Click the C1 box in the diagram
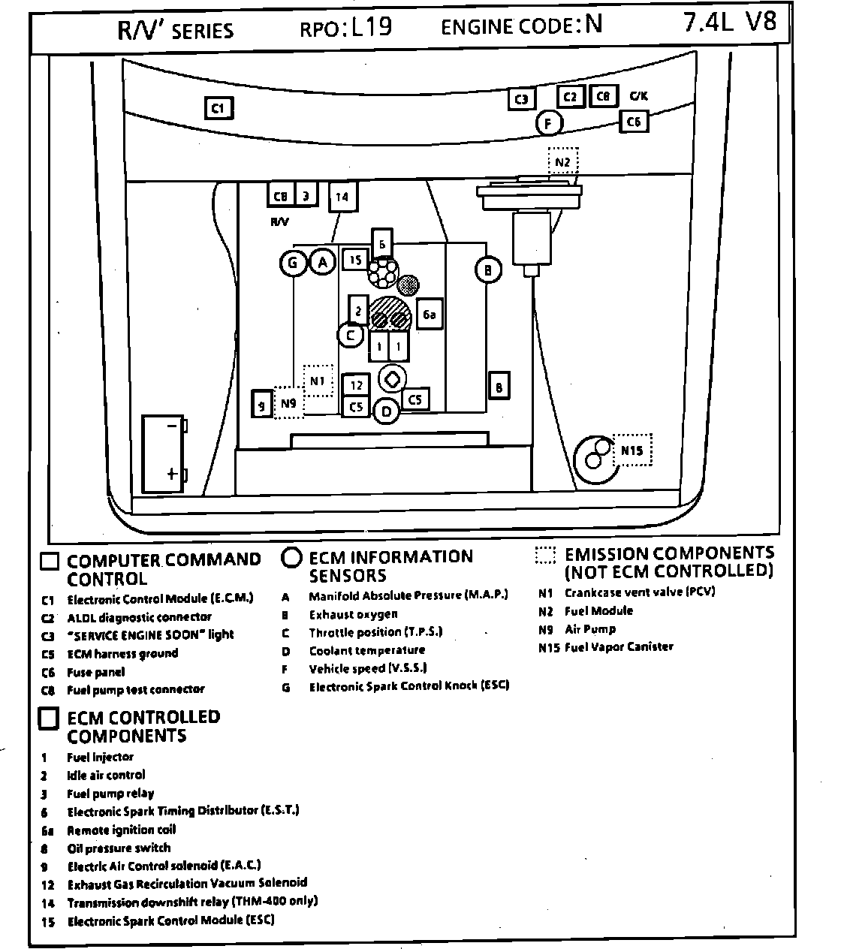219,108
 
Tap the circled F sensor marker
549,124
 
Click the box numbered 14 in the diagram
342,197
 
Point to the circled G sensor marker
292,263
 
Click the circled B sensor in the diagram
488,270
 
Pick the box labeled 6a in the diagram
429,315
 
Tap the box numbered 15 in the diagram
356,260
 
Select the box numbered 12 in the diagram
356,385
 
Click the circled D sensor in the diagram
386,411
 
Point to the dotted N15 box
632,450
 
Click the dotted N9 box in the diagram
288,404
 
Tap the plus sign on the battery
172,474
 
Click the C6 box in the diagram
634,122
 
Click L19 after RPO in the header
370,27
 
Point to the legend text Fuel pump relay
110,794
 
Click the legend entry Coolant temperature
366,650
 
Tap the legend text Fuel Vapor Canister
619,646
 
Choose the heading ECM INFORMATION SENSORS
390,566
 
